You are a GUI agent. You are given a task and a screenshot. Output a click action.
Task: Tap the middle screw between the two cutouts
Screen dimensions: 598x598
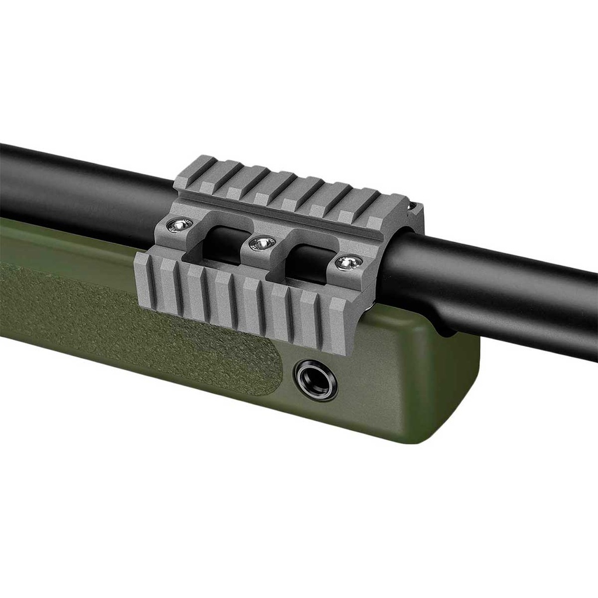[262, 242]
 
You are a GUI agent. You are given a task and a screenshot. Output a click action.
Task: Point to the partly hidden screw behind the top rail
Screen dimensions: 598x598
[413, 206]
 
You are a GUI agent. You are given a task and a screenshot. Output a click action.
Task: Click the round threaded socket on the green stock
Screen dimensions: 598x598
[315, 380]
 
